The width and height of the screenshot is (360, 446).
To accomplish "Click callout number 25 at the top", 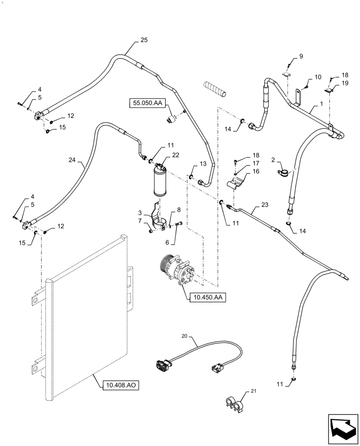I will click(143, 40).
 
